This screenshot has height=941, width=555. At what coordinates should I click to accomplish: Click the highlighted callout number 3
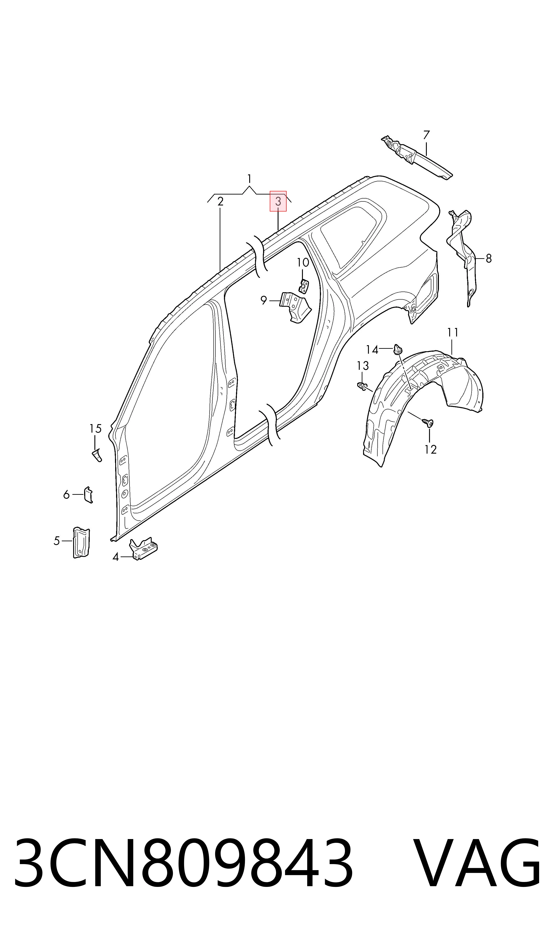coord(278,201)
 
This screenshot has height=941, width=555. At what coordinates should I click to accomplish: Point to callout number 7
coord(426,135)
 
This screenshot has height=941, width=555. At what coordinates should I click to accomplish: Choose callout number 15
coord(95,428)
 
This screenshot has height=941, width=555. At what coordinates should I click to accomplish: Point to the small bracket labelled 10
coord(304,287)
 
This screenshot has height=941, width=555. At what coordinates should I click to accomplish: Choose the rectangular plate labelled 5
coord(81,543)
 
